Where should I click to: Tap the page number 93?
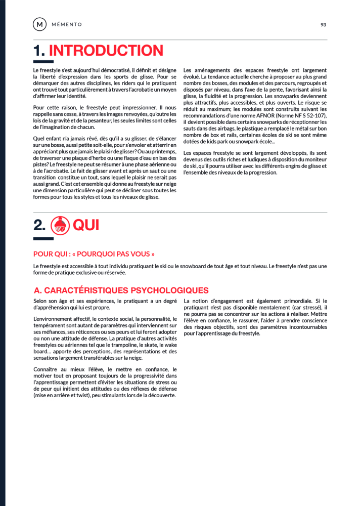coord(324,24)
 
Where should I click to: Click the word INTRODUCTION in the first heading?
coord(106,51)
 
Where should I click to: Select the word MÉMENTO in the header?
coord(67,24)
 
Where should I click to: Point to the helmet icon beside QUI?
coord(61,225)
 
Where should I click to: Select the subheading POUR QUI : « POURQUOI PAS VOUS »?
coord(94,254)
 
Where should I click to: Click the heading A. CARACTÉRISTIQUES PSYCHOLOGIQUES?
coord(121,290)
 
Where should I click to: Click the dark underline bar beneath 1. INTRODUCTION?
coord(43,62)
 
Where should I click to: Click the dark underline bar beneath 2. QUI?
coord(43,238)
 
